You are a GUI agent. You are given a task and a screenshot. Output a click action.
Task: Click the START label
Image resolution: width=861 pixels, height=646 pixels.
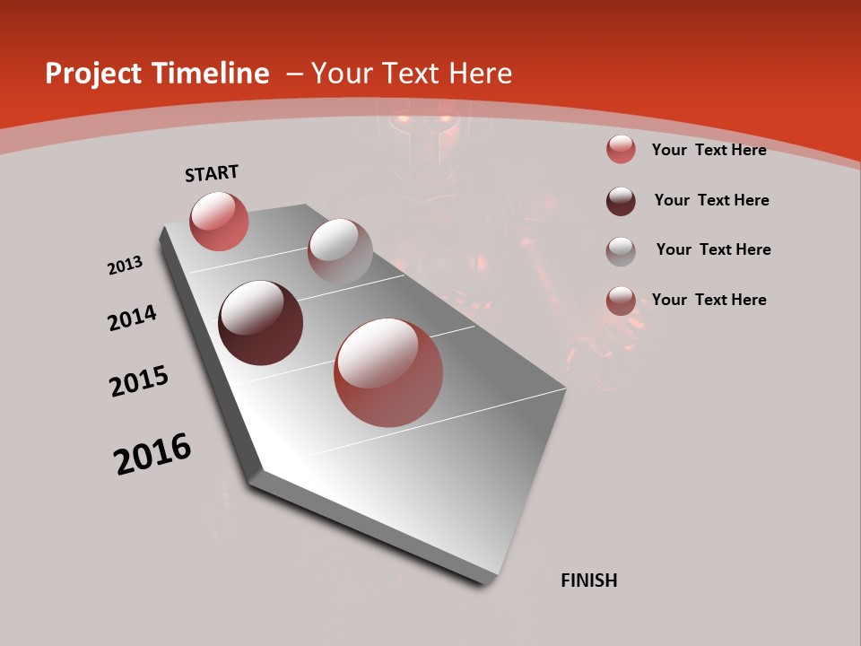[x=212, y=173]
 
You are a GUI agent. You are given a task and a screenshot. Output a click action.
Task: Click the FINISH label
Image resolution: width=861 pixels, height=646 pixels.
[x=589, y=581]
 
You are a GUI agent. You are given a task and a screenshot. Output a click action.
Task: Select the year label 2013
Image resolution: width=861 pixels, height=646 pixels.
[x=125, y=266]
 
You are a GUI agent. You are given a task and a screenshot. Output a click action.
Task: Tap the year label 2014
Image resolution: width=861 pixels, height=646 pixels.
[x=132, y=318]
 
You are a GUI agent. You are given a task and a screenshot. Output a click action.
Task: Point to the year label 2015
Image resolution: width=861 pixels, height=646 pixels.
[x=139, y=381]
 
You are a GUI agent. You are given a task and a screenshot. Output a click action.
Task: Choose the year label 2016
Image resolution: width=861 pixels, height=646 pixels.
[x=152, y=454]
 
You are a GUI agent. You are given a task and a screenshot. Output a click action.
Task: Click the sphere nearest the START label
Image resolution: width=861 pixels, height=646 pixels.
[x=219, y=221]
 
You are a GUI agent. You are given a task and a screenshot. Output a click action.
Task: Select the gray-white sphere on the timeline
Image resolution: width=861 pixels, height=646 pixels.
[x=340, y=252]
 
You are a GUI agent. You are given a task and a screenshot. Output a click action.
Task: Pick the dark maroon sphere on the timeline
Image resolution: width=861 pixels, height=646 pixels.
[x=261, y=323]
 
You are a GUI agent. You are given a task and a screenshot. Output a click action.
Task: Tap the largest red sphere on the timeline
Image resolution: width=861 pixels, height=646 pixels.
[x=388, y=372]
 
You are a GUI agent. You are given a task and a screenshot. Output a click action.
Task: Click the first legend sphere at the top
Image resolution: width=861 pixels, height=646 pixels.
[x=621, y=150]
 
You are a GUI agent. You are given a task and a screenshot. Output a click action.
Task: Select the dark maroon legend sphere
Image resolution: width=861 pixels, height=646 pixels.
[x=621, y=201]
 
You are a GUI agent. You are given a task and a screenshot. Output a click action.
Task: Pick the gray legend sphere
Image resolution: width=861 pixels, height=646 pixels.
[x=621, y=251]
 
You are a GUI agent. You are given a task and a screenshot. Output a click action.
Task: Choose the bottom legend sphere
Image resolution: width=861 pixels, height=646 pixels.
[x=621, y=301]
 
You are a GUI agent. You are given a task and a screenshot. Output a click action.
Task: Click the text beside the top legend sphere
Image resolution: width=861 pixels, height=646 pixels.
[x=709, y=150]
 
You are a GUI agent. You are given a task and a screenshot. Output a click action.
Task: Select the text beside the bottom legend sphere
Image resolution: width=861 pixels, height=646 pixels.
[x=709, y=300]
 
